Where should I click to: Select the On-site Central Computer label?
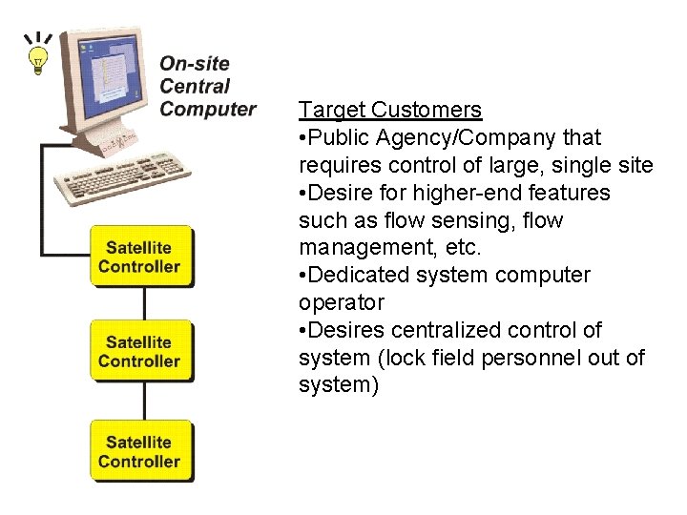(x=207, y=87)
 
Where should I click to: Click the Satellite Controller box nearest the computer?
(x=140, y=257)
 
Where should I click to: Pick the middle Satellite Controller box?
(x=140, y=352)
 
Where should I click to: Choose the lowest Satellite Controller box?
(x=140, y=451)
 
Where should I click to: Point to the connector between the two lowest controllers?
(x=145, y=401)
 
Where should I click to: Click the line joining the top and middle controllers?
(x=145, y=303)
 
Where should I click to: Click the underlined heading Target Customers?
(x=390, y=111)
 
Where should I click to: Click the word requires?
(x=333, y=166)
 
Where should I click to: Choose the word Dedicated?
(x=355, y=276)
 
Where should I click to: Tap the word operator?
(x=341, y=303)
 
